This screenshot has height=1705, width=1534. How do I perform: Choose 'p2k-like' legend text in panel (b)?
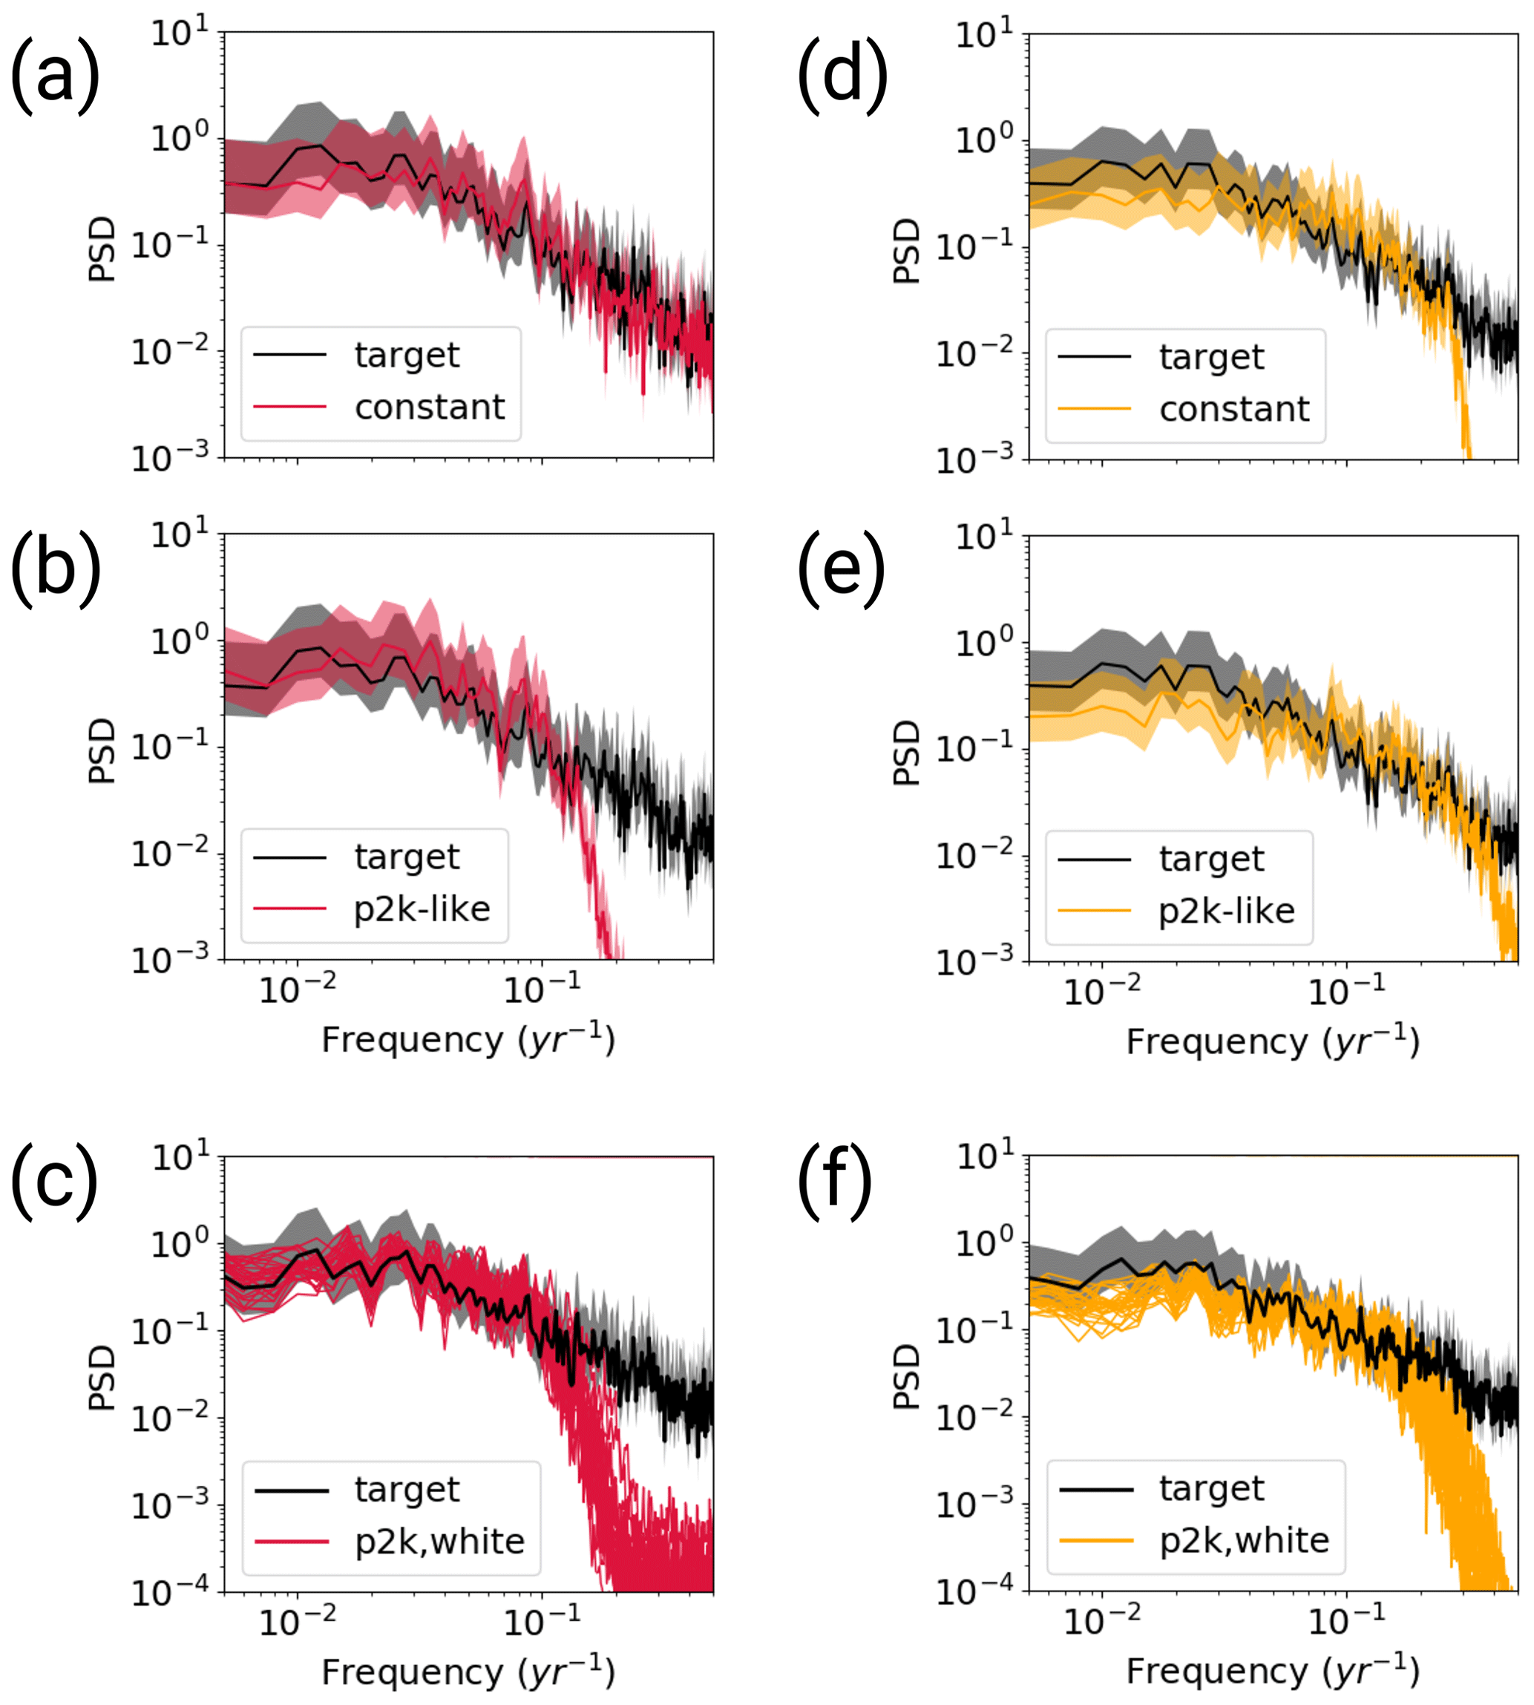point(422,909)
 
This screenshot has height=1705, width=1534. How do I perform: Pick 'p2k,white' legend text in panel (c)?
point(439,1542)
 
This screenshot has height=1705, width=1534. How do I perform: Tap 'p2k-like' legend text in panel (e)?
point(1226,911)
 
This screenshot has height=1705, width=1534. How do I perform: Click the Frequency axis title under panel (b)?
point(468,1040)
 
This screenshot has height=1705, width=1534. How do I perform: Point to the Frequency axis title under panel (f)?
point(1273,1672)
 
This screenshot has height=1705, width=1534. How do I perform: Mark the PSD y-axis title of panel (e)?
point(906,752)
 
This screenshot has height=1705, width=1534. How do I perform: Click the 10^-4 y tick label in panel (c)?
point(169,1592)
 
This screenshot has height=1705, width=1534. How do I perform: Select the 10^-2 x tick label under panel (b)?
point(297,988)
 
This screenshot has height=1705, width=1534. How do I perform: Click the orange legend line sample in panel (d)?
point(1094,410)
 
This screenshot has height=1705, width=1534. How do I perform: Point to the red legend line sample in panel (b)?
point(290,909)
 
